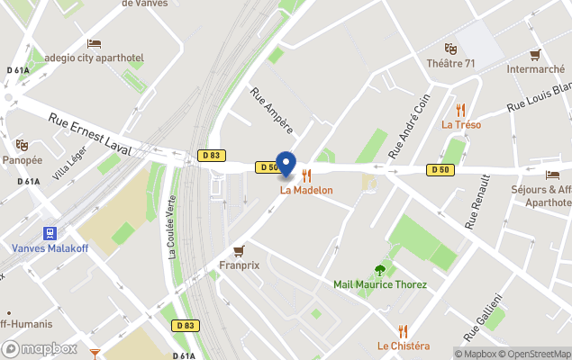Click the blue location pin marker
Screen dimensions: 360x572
tap(286, 164)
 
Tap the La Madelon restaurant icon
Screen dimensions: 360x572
tap(306, 175)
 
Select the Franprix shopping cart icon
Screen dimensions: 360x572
tap(239, 251)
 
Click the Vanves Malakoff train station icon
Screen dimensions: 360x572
tap(50, 233)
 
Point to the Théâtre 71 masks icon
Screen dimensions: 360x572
tap(450, 49)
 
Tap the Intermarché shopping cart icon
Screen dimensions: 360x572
tap(535, 54)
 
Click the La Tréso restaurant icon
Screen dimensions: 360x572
tap(461, 110)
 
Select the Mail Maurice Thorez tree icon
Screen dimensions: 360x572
tap(380, 269)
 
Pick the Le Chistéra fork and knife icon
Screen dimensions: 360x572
tap(404, 330)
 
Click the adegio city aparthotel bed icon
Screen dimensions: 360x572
tap(94, 43)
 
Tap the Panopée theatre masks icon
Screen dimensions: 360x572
tap(22, 145)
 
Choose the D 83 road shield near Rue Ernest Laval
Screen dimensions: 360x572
tap(211, 155)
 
